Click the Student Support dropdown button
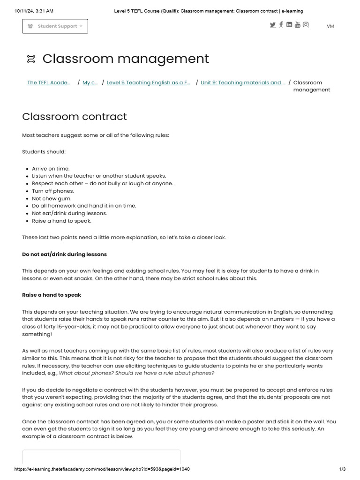(55, 26)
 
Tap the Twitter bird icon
(273, 25)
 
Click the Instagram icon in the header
(306, 25)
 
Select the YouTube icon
(298, 25)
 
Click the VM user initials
(330, 26)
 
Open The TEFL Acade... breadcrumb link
(49, 82)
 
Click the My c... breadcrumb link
(90, 82)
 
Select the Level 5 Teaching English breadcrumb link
(149, 82)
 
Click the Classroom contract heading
(75, 116)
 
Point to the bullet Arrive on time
(51, 169)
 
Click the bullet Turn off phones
(53, 191)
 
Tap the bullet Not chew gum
(52, 198)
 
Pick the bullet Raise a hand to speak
(61, 221)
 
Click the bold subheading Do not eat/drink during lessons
(64, 254)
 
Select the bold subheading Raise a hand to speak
(52, 295)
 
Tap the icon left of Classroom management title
(31, 59)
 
